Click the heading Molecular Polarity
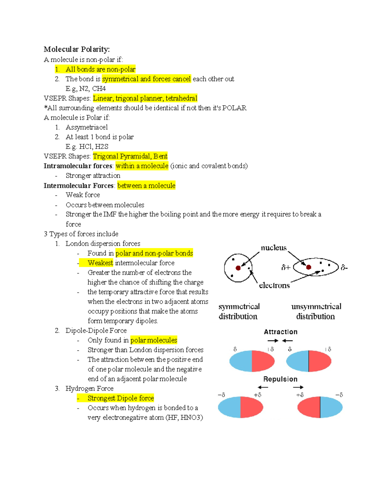tap(76, 49)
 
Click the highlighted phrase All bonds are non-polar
tap(100, 69)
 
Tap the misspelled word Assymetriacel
tap(87, 127)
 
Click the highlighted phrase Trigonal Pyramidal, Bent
tap(130, 156)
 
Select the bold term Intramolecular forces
tap(78, 166)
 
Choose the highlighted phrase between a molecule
tap(146, 186)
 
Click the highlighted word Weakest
tap(100, 263)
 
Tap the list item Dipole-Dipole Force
tap(96, 330)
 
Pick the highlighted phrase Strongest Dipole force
tap(121, 398)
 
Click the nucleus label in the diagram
tap(274, 248)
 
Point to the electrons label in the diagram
tap(274, 285)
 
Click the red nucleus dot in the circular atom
tap(238, 268)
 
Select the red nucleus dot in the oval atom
tap(308, 267)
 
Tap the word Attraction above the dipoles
tap(280, 332)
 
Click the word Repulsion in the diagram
tap(280, 379)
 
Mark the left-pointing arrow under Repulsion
tap(263, 387)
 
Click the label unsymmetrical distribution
tap(316, 311)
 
